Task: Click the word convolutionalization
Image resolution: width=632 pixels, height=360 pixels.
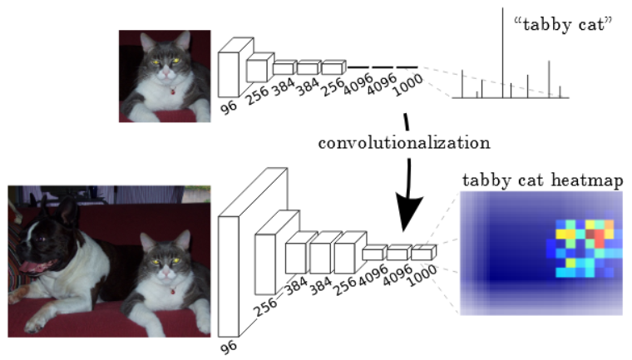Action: pos(403,142)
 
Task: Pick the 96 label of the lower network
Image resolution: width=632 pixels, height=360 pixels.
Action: pos(228,348)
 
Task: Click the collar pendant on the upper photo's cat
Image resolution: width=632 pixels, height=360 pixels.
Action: pos(171,89)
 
